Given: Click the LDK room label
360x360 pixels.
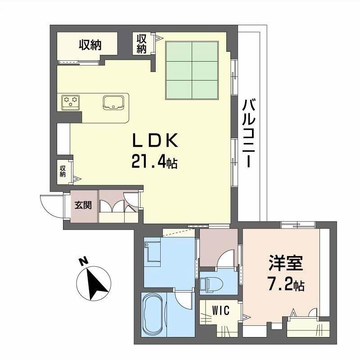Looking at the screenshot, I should pyautogui.click(x=155, y=141).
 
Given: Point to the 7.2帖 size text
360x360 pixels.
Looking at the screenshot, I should pyautogui.click(x=286, y=284).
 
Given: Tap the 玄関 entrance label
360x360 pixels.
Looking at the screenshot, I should pyautogui.click(x=83, y=206).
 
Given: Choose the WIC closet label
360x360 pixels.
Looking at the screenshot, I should pyautogui.click(x=221, y=310).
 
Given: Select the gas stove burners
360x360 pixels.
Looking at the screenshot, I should pyautogui.click(x=71, y=102).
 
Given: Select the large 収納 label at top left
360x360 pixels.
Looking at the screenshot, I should pyautogui.click(x=90, y=45).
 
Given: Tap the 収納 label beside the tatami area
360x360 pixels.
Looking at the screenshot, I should pyautogui.click(x=141, y=44).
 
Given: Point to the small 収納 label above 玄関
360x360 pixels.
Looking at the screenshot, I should pyautogui.click(x=63, y=171).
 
